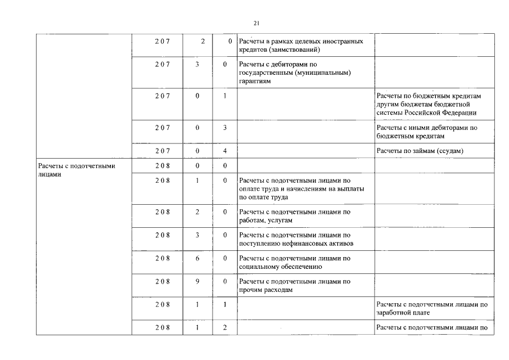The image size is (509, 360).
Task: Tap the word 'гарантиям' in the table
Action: pos(255,81)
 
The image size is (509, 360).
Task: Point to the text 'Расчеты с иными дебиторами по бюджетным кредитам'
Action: pos(427,132)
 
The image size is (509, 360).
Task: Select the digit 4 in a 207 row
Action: pos(224,151)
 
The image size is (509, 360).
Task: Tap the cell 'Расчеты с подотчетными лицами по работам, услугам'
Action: pos(295,216)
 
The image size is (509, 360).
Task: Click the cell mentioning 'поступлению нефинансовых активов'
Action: pos(296,239)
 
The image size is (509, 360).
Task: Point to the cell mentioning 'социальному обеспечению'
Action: pos(295,262)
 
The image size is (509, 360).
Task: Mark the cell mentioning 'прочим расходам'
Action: pos(295,286)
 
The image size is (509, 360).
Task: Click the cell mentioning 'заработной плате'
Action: pos(431,309)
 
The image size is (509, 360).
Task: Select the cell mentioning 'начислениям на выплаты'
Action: pos(301,189)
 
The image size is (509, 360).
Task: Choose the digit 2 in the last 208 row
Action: pos(224,327)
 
